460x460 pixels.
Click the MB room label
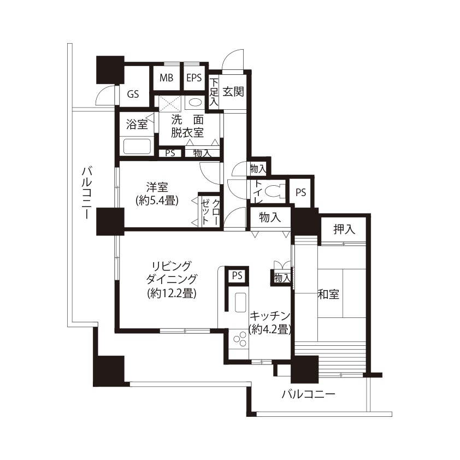(x=166, y=78)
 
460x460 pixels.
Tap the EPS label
(x=194, y=78)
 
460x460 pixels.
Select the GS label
(x=133, y=94)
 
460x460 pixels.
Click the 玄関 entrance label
(x=233, y=92)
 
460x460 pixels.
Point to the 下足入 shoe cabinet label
(x=214, y=92)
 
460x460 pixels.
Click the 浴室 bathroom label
(x=137, y=125)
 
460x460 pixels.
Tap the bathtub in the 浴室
(x=137, y=146)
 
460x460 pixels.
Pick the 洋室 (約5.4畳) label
(x=157, y=193)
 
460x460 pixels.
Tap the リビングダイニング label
(x=172, y=273)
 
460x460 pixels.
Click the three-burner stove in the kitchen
(x=239, y=339)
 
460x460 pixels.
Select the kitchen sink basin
(x=240, y=302)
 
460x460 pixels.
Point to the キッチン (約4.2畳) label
(x=270, y=323)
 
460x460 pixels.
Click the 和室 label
(x=328, y=294)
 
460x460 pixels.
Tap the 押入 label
(x=344, y=229)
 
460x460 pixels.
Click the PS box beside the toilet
(x=300, y=192)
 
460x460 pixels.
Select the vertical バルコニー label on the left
(x=86, y=193)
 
